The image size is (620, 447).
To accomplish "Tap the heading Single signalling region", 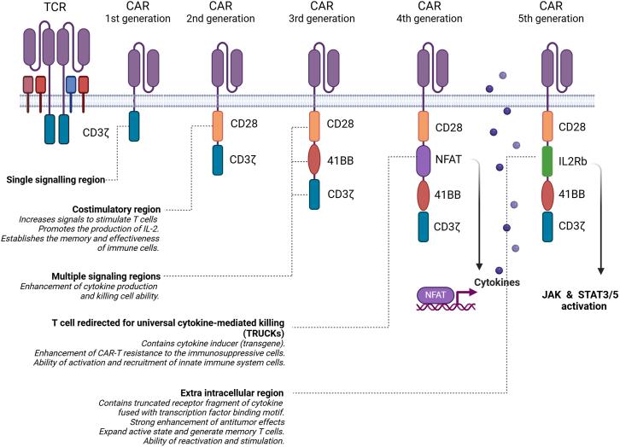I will coord(56,180).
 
